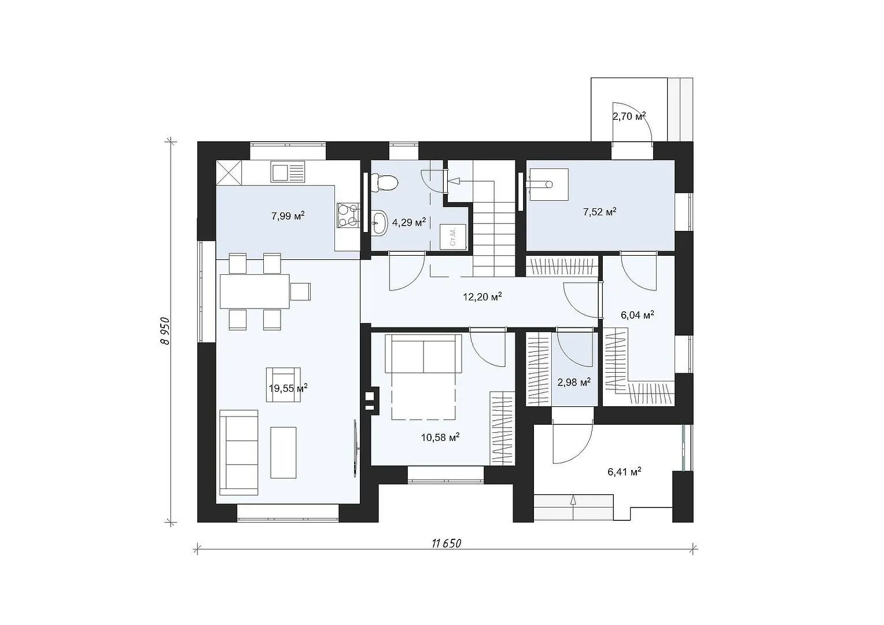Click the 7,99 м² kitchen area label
(288, 216)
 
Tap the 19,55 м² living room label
(288, 388)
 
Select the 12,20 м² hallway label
(482, 296)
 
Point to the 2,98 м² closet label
(574, 382)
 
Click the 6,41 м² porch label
(624, 472)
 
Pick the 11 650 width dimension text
(447, 543)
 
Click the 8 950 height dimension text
(165, 331)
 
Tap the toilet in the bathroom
(385, 183)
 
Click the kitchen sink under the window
(288, 172)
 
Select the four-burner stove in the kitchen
(348, 216)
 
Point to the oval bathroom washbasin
(380, 223)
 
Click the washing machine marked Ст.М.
(454, 237)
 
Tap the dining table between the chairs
(255, 291)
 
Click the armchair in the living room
(283, 385)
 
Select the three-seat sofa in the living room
(239, 452)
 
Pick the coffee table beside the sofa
(283, 453)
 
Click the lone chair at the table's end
(301, 291)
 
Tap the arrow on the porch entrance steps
(573, 508)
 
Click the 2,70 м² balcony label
(629, 116)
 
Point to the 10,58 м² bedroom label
(440, 437)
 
